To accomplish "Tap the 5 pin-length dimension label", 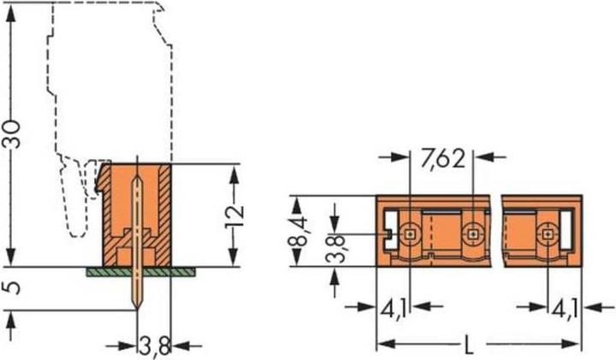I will click(10, 288).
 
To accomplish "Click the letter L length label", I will click(469, 346).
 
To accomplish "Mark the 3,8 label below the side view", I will click(153, 345).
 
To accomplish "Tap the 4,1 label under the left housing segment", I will click(394, 304).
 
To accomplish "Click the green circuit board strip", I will click(142, 271).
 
